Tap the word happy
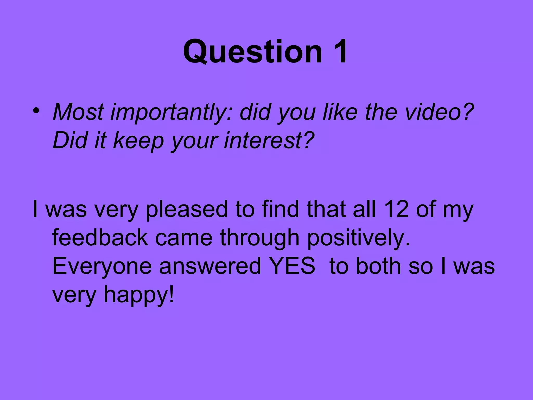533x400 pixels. tap(139, 295)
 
